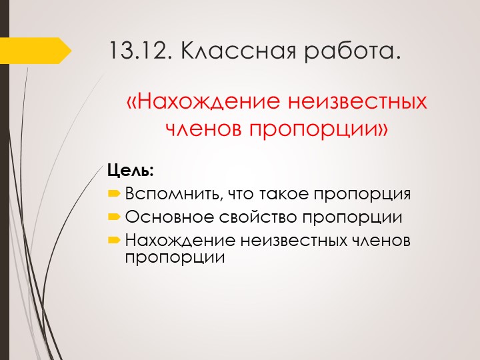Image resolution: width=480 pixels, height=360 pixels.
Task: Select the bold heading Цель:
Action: (131, 171)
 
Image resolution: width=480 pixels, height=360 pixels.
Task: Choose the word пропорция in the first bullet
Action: (363, 195)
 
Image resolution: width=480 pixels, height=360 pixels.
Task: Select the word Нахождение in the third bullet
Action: (178, 240)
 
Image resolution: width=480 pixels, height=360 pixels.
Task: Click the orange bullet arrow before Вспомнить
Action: (114, 195)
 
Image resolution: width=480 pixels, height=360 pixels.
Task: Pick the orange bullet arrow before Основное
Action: (114, 217)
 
